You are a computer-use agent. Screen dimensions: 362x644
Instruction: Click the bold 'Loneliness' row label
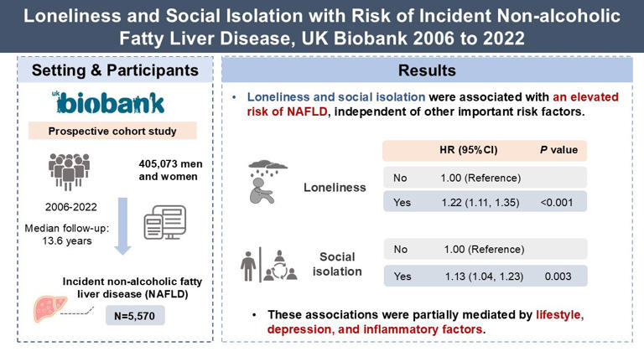click(335, 188)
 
